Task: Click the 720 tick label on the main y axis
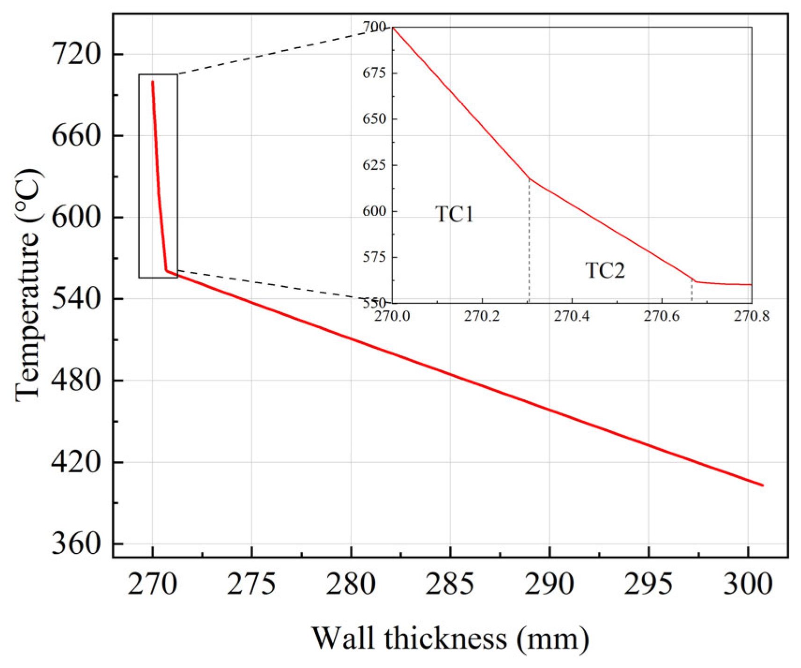point(76,54)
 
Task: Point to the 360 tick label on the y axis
point(76,544)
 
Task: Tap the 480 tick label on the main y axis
point(76,380)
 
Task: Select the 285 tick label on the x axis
point(449,584)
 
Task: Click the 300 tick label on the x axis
point(748,584)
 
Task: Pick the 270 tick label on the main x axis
point(153,584)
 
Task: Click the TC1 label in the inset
point(454,214)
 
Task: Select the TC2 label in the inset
point(605,271)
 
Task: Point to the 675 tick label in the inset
point(374,73)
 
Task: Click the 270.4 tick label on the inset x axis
point(572,316)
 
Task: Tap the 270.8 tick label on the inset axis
point(751,316)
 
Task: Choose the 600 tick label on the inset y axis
point(374,211)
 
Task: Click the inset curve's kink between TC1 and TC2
point(529,179)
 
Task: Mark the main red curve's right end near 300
point(762,485)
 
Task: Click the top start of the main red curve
point(153,82)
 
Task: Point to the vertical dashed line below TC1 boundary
point(529,243)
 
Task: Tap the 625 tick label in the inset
point(374,165)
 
